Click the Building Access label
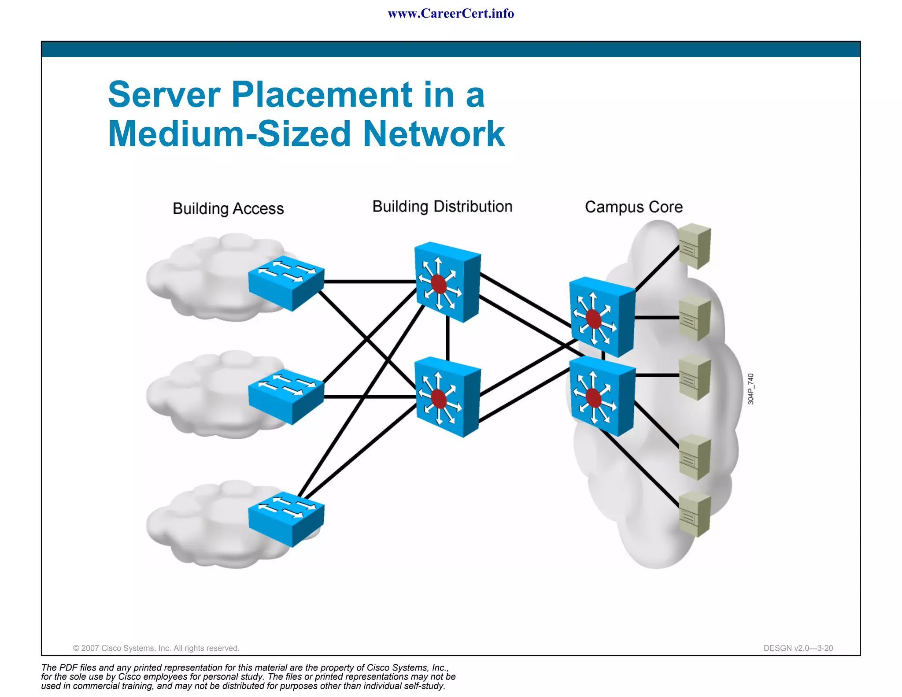tap(228, 208)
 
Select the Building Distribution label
tap(442, 207)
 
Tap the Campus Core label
tap(633, 207)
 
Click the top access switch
tap(286, 282)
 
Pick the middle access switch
tap(286, 396)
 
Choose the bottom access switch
tap(286, 519)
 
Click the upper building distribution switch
tap(447, 282)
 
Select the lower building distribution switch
tap(447, 397)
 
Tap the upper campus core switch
tap(602, 316)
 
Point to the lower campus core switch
tap(602, 396)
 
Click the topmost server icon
tap(695, 246)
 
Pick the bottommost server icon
tap(695, 514)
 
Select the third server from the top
tap(695, 378)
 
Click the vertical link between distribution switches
tap(447, 339)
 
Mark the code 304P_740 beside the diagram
tap(750, 389)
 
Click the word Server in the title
tap(164, 95)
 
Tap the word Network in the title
tap(433, 134)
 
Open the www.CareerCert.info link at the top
tap(451, 14)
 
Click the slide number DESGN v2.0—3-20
tap(798, 648)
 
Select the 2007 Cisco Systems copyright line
tap(156, 648)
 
